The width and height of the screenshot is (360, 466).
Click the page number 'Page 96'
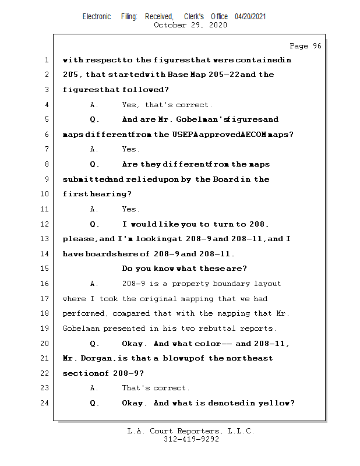(x=305, y=46)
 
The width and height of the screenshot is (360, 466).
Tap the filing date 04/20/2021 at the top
(x=250, y=17)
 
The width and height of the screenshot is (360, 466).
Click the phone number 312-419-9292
(x=191, y=440)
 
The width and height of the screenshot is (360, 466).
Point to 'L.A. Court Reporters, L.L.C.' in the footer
(x=191, y=432)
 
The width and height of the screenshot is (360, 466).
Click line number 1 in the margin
(x=46, y=60)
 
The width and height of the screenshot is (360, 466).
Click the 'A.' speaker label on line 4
(x=94, y=105)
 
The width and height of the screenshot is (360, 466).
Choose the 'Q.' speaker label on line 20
(x=94, y=344)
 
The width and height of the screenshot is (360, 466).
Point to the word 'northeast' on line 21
(x=253, y=358)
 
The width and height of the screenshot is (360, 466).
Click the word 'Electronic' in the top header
(x=97, y=17)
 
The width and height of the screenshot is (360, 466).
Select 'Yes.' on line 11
(x=130, y=209)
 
